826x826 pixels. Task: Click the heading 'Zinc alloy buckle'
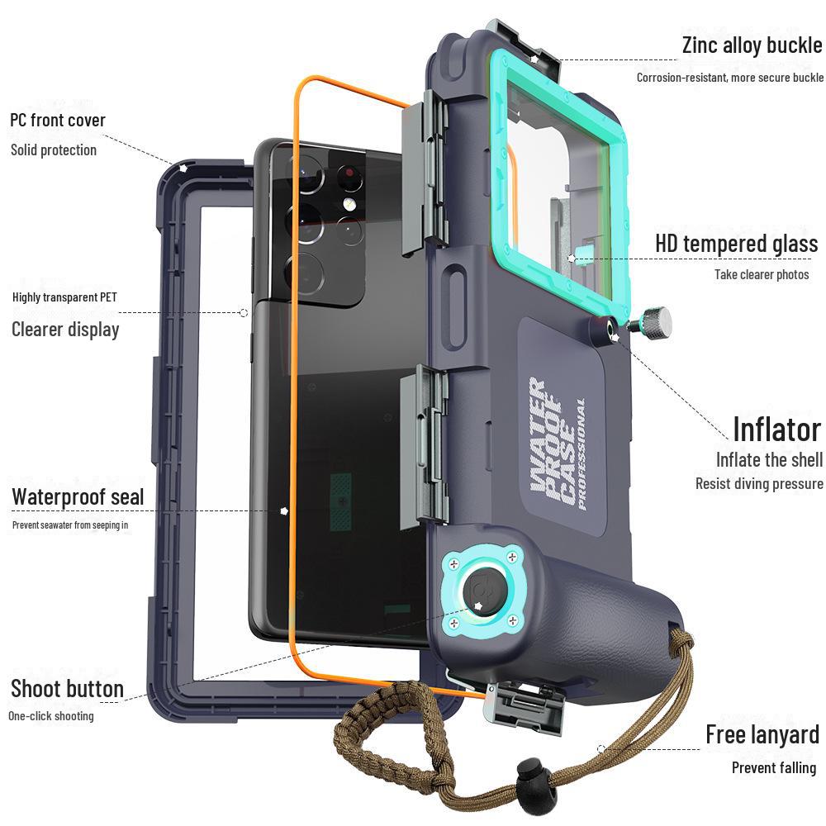752,45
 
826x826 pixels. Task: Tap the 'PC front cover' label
58,121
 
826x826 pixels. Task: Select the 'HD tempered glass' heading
736,244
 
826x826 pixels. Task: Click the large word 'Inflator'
776,430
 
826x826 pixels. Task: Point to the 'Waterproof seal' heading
78,497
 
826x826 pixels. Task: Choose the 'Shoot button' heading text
67,689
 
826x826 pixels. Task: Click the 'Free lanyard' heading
762,734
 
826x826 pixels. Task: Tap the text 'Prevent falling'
773,768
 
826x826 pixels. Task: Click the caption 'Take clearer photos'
762,274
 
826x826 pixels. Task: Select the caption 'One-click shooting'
51,716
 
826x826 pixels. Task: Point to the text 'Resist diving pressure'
758,484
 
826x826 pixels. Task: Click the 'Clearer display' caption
65,330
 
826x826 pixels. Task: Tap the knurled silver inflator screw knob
656,322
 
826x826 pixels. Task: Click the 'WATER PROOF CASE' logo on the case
555,446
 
